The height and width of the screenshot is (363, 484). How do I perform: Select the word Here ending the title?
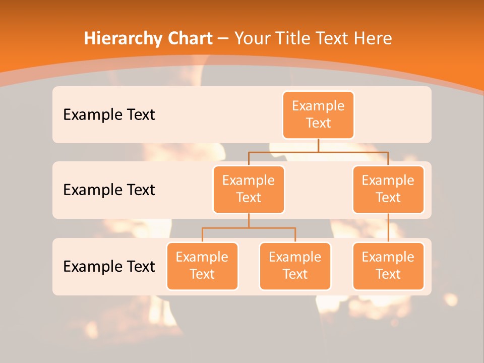[372, 38]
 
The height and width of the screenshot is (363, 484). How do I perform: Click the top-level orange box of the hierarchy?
[318, 115]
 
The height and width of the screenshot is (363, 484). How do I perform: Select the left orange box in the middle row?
[249, 189]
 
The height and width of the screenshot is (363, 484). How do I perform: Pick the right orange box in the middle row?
[388, 189]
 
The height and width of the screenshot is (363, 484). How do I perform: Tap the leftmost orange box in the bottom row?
[202, 266]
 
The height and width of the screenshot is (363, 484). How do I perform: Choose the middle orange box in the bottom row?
[295, 266]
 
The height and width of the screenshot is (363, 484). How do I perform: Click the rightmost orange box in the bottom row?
[388, 266]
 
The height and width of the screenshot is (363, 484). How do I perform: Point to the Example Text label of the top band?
[109, 115]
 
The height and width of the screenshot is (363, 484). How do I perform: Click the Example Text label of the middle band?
[109, 190]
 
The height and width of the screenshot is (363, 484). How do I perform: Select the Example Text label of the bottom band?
[109, 266]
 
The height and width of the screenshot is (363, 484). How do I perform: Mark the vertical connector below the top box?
[318, 145]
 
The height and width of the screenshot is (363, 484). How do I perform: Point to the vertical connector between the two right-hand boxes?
[388, 228]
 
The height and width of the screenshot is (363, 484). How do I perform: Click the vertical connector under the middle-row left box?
[249, 220]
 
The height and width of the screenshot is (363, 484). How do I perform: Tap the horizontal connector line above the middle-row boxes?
[318, 152]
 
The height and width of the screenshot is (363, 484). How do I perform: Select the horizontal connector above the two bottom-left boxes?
[249, 228]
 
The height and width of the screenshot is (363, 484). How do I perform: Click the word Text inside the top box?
[318, 123]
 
